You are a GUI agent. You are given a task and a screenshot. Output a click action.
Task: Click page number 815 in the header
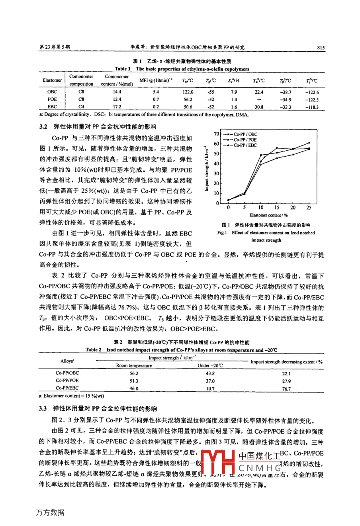[x=321, y=47]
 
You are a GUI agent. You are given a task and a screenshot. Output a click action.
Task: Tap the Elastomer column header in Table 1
[x=52, y=80]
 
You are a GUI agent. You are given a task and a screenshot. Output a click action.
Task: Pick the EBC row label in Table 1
[x=52, y=107]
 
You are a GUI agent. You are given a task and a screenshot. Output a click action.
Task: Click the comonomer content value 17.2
[x=117, y=107]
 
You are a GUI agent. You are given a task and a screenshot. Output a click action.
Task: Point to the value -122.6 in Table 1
[x=312, y=92]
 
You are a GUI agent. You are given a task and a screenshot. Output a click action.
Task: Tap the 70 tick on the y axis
[x=216, y=134]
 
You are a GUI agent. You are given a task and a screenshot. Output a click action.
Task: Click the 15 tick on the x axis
[x=277, y=208]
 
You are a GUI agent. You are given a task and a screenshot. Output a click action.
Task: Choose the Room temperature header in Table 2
[x=134, y=365]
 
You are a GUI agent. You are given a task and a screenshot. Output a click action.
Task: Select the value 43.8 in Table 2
[x=210, y=373]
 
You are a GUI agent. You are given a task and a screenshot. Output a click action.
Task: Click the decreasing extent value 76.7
[x=286, y=389]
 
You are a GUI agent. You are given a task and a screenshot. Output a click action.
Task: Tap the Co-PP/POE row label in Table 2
[x=67, y=381]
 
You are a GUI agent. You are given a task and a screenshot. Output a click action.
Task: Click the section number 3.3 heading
[x=43, y=408]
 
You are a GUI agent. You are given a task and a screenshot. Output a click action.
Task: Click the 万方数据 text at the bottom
[x=50, y=512]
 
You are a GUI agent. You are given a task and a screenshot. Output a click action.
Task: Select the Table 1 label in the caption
[x=123, y=69]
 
